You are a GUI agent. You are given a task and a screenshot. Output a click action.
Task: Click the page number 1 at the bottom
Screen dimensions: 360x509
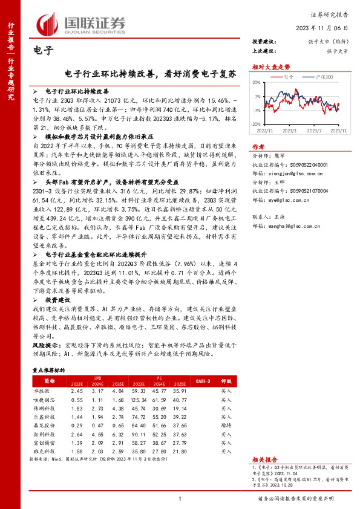tap(180, 498)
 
